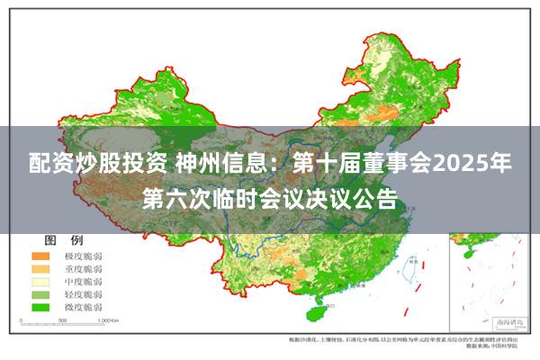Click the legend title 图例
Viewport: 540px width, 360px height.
coord(64,240)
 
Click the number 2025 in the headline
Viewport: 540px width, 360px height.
coord(460,165)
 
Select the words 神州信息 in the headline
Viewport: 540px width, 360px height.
coord(217,165)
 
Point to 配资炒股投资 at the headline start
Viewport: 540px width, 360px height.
coord(97,165)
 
